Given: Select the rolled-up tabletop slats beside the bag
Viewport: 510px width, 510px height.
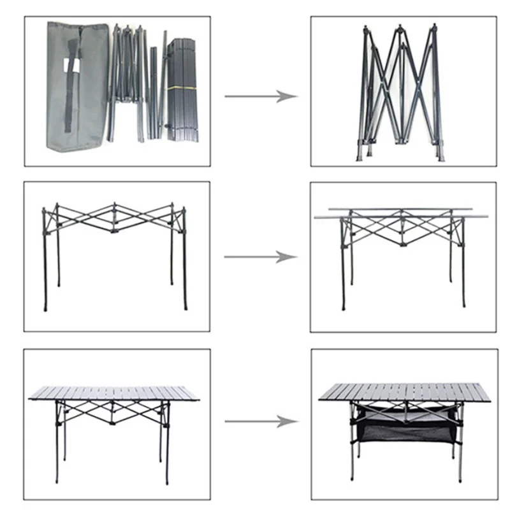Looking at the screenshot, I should pos(182,89).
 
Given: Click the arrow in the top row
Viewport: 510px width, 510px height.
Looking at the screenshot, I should pos(261,96).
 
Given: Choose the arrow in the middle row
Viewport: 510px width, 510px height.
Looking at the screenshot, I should pos(261,258).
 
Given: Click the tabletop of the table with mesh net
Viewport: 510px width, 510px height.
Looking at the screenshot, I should pos(404,391).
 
